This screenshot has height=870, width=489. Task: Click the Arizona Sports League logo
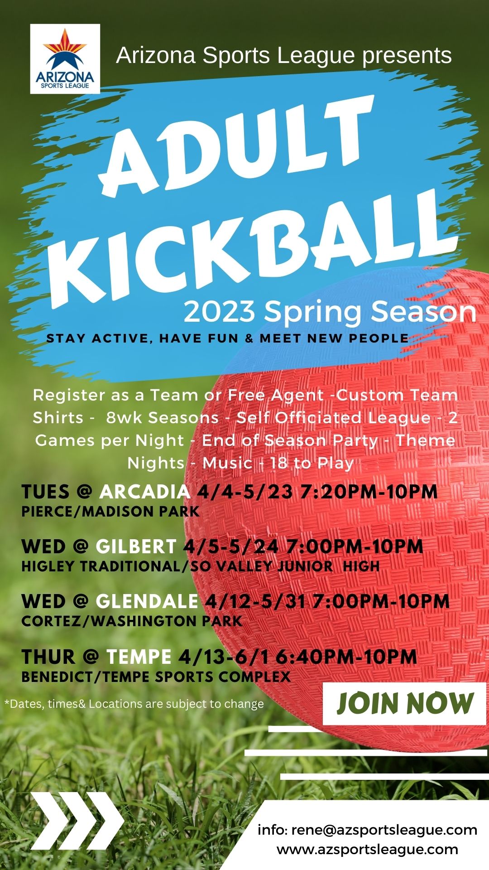[65, 59]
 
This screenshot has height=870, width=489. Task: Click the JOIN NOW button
[405, 704]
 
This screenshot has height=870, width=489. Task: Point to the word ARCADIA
[145, 492]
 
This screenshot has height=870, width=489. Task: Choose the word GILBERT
[136, 546]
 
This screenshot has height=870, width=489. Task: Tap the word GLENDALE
[147, 601]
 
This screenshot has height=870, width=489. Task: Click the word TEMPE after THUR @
[139, 657]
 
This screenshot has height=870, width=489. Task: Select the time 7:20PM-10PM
[369, 492]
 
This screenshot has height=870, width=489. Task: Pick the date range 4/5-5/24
[230, 546]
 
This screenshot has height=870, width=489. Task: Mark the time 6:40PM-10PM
[346, 657]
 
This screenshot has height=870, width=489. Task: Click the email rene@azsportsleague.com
[384, 830]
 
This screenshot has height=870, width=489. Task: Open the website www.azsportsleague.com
[368, 849]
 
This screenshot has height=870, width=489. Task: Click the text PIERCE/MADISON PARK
[110, 512]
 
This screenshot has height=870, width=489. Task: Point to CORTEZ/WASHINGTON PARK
[132, 621]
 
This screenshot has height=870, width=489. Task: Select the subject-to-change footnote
[134, 704]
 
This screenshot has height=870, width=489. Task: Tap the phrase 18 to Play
[312, 463]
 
